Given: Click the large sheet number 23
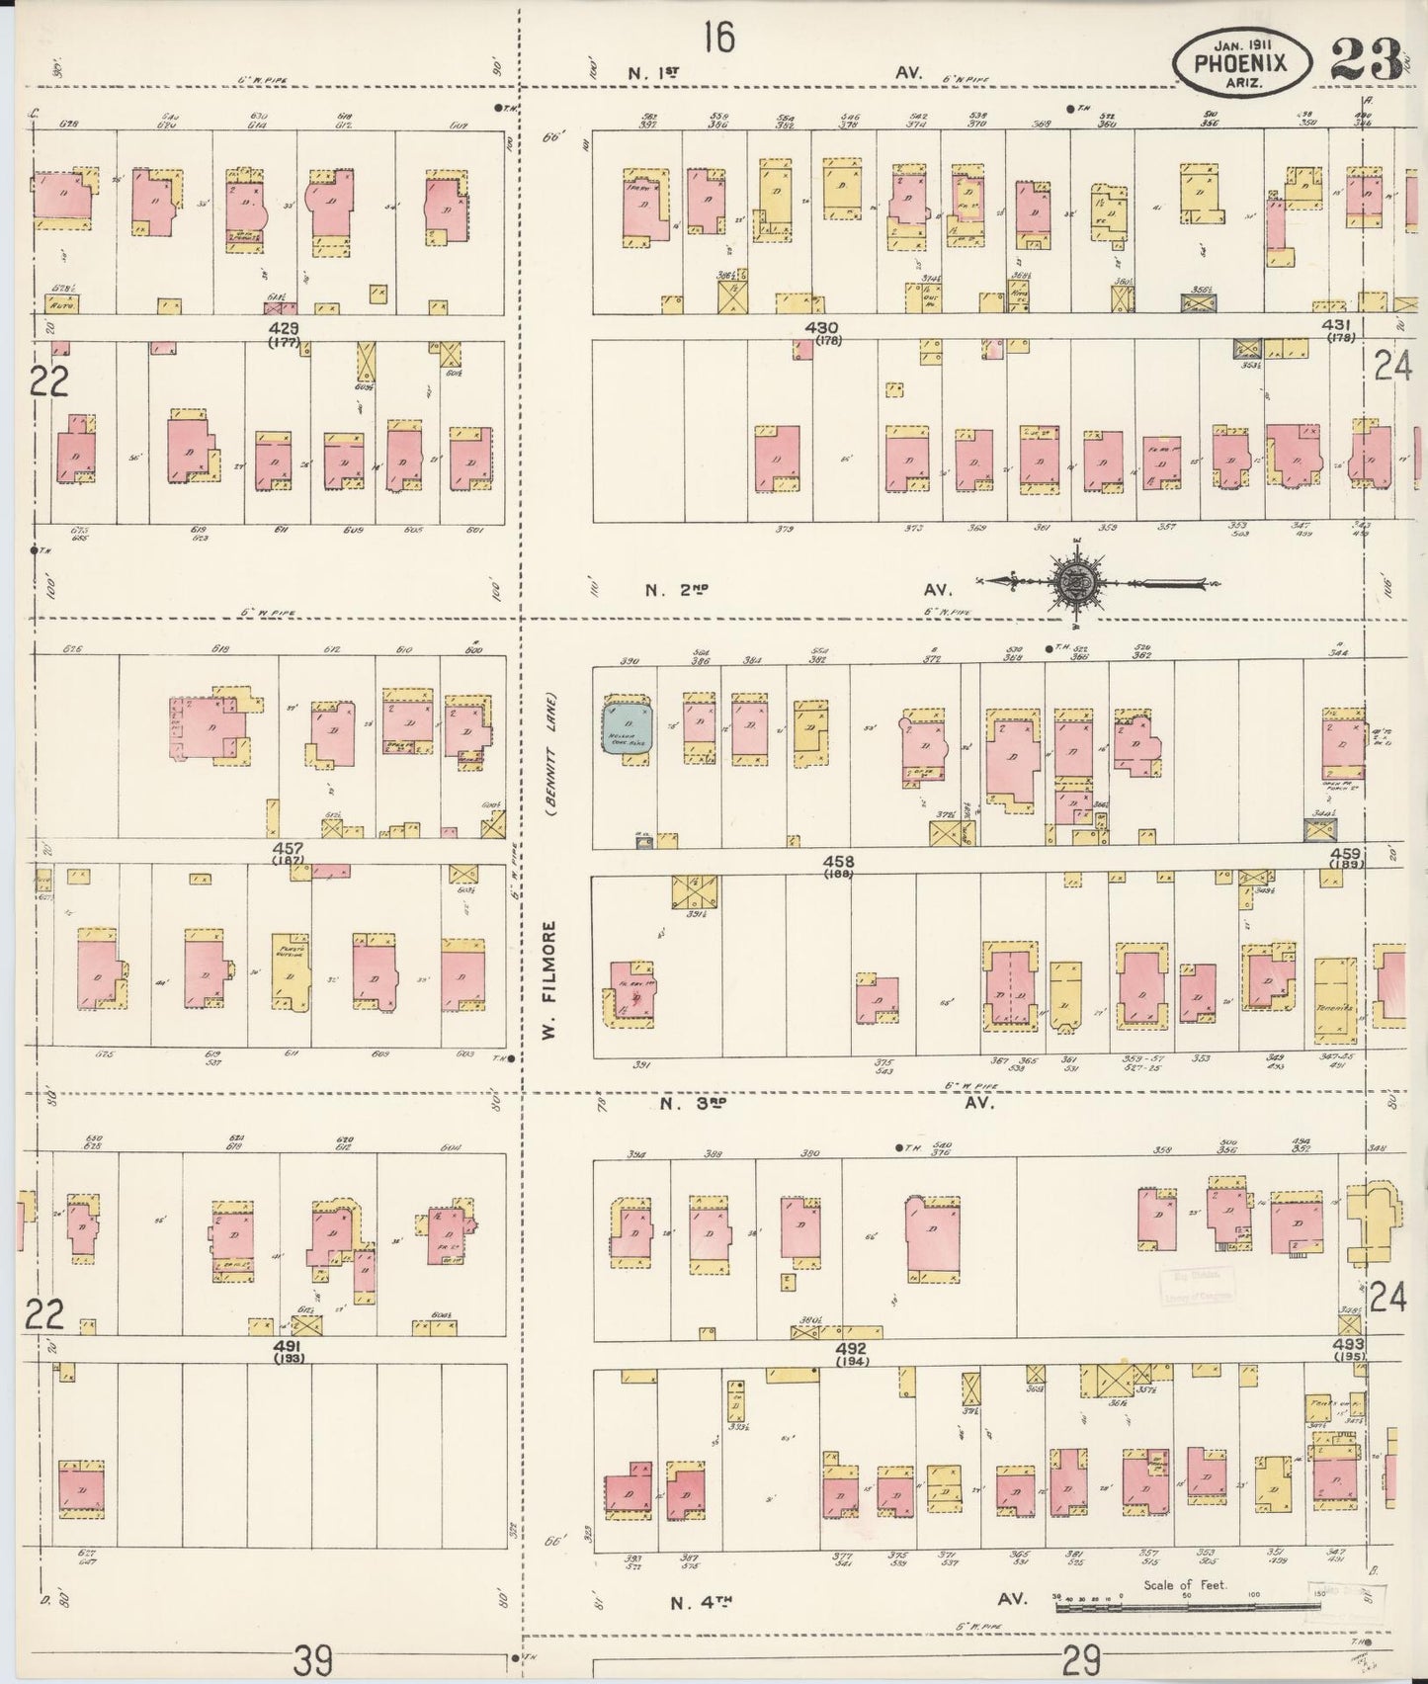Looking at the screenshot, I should (x=1367, y=59).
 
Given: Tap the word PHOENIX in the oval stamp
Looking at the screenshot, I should (x=1241, y=62).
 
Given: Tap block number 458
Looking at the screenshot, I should (x=837, y=862).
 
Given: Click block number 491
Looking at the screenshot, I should (x=288, y=1347).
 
